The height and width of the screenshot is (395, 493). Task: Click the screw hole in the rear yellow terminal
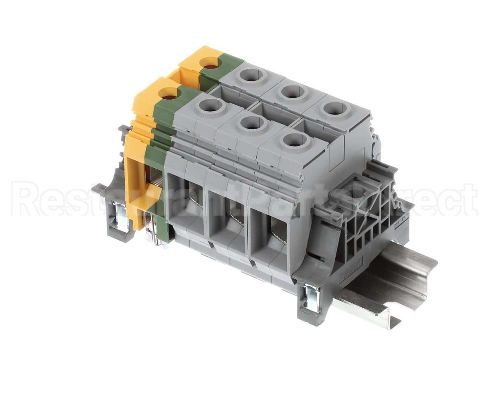(211, 63)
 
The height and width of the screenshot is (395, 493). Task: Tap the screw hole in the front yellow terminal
(170, 94)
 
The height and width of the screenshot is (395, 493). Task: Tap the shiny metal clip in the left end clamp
(121, 215)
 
